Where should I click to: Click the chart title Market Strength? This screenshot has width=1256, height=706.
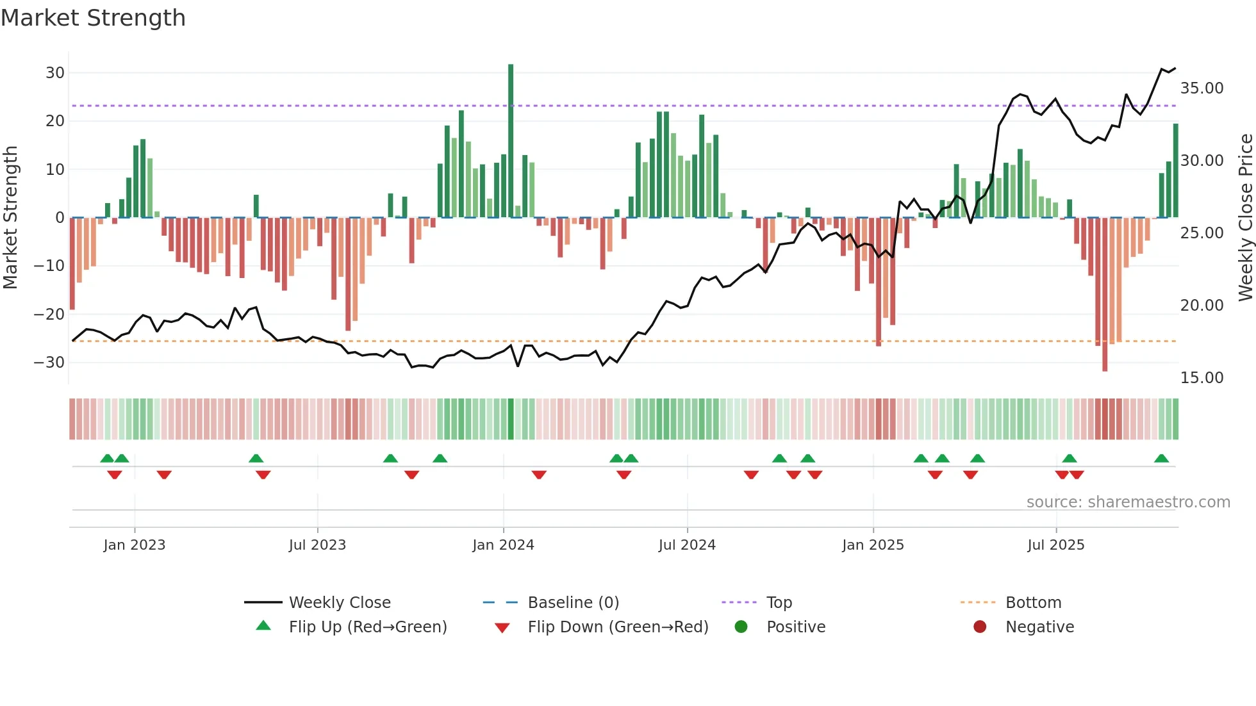tap(94, 18)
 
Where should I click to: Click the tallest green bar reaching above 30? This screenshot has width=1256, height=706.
tap(511, 141)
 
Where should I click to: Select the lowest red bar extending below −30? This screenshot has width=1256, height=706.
tap(1105, 295)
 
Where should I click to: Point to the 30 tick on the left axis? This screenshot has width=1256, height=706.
tap(55, 73)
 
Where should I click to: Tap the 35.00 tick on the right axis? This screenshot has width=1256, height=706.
tap(1202, 88)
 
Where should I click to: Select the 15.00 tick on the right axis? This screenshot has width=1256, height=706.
tap(1202, 378)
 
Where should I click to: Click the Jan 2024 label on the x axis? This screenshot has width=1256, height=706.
tap(503, 545)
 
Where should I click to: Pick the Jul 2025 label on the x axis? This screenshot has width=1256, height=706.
tap(1055, 545)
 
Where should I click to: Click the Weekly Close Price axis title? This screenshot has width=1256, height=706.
tap(1245, 218)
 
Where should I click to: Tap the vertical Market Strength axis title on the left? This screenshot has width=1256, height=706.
tap(11, 218)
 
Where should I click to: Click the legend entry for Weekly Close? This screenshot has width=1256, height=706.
tap(339, 603)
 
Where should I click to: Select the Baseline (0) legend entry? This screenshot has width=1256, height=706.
tap(573, 603)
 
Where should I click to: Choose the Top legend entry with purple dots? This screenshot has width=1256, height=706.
tap(779, 603)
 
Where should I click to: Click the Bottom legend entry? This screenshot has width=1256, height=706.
tap(1033, 603)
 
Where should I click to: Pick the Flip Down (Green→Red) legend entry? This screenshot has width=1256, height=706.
tap(617, 627)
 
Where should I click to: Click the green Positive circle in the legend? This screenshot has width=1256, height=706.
tap(741, 627)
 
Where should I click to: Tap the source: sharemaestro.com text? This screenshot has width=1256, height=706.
tap(1128, 502)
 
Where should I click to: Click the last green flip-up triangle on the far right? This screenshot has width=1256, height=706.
tap(1161, 459)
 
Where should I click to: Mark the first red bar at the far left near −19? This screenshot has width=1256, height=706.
tap(72, 264)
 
